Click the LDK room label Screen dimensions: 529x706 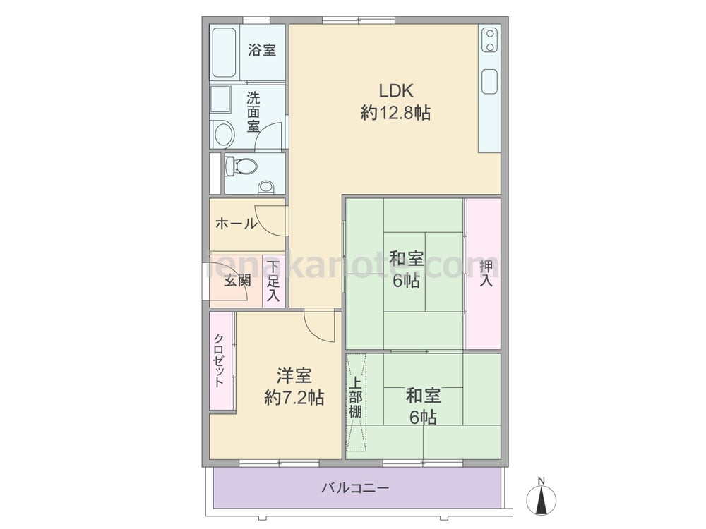(395, 90)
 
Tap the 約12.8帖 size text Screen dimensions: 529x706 (395, 113)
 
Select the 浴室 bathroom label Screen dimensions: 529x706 (262, 51)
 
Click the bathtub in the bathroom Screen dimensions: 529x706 (225, 54)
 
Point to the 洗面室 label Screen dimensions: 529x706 (253, 112)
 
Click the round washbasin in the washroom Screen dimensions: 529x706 (225, 134)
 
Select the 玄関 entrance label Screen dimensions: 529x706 (237, 281)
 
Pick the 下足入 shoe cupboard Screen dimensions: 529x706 (273, 281)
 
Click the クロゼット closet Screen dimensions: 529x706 (220, 360)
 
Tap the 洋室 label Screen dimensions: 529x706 (294, 376)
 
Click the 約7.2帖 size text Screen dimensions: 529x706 (294, 399)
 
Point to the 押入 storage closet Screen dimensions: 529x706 (485, 274)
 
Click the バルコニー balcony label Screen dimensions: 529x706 (355, 487)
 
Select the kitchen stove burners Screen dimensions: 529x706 (489, 41)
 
